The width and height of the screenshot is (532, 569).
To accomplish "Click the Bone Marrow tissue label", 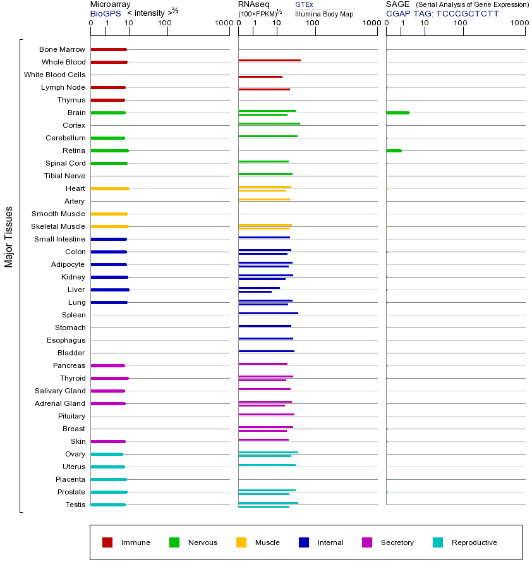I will tap(62, 49).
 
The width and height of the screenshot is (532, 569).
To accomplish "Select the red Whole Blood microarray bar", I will tap(109, 62).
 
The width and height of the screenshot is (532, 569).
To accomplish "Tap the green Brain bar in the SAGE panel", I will tap(397, 113).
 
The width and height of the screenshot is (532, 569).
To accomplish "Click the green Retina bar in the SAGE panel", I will tap(394, 150).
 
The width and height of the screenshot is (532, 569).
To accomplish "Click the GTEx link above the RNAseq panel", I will tap(304, 4).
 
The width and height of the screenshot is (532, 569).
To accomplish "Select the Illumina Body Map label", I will tap(324, 14).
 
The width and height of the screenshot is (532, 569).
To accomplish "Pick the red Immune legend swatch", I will tap(107, 542).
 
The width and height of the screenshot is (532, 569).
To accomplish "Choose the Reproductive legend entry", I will tap(474, 542).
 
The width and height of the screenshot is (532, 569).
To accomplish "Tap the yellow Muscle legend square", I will tap(241, 542).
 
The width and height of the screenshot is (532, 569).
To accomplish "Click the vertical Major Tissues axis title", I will tap(9, 236).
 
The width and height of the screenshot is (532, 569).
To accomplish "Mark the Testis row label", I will tap(75, 505).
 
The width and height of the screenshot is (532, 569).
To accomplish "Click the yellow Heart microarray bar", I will tap(110, 188).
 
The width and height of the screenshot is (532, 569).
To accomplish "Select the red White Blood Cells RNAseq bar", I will tap(260, 76).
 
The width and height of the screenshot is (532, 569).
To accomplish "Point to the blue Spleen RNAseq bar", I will tap(268, 313).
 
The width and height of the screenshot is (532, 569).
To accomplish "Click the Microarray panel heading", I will tap(110, 4).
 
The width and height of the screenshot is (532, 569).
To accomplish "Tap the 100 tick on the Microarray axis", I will tap(165, 23).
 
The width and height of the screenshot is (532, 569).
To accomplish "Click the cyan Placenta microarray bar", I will tap(109, 479).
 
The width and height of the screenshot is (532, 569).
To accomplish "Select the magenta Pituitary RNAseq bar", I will tap(266, 414).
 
